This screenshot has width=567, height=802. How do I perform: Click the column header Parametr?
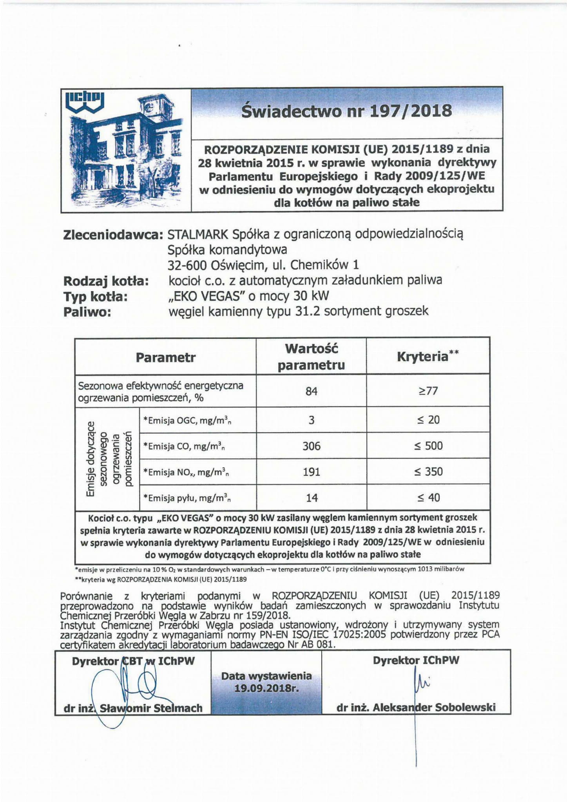(x=165, y=358)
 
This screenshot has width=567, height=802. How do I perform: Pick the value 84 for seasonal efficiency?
(x=311, y=391)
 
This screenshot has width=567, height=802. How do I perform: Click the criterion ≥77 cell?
(x=428, y=391)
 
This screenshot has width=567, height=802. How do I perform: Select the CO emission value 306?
(x=311, y=446)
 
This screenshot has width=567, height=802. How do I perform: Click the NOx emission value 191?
(x=311, y=472)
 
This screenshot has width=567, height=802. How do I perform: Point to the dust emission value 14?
(x=312, y=498)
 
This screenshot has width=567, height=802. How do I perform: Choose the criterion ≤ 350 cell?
(x=428, y=471)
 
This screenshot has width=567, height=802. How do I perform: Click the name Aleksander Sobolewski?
(x=434, y=708)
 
